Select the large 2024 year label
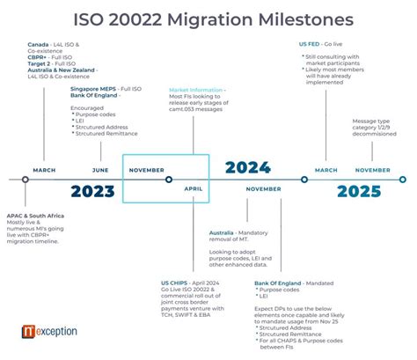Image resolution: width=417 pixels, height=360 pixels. (x=247, y=168)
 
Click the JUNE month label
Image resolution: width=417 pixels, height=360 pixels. (x=100, y=170)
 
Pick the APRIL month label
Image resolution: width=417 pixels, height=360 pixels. (x=194, y=188)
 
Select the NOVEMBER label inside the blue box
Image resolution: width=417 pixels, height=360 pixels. (x=146, y=170)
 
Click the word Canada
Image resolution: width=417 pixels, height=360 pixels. (x=38, y=43)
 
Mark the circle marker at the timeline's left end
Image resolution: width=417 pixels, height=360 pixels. (x=25, y=180)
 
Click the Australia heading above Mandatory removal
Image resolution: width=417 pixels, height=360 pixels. (x=222, y=233)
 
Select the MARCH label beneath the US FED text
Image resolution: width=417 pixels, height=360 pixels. (x=326, y=170)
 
